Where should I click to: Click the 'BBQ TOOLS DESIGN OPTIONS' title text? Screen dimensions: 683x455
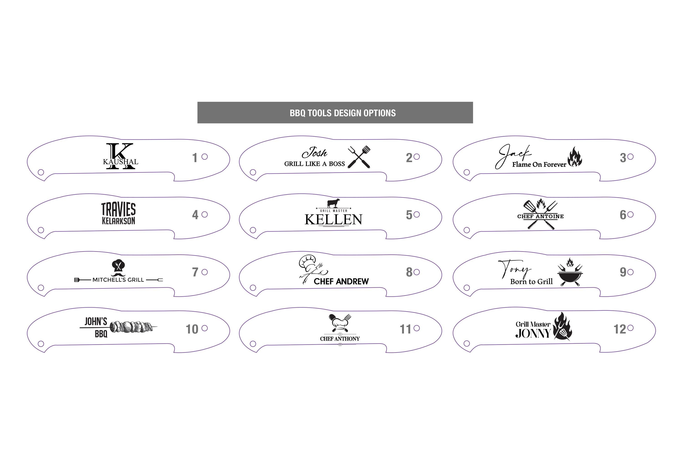click(343, 113)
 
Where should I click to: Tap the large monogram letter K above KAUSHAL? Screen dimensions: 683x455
click(120, 156)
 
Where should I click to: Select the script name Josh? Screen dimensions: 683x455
click(314, 152)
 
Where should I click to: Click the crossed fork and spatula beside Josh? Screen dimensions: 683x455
click(359, 157)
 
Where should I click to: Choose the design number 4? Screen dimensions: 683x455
click(195, 215)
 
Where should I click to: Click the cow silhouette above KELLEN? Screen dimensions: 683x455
click(333, 203)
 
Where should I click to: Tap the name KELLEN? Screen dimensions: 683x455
click(333, 219)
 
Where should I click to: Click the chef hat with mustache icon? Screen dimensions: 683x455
click(118, 268)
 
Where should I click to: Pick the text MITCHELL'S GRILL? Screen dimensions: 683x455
click(118, 280)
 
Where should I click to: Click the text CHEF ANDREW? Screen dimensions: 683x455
click(341, 281)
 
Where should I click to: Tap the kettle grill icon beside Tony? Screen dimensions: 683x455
click(570, 272)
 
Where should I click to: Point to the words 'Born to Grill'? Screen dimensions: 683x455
click(531, 281)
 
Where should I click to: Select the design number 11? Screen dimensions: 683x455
click(405, 329)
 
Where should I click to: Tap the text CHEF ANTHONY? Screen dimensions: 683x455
click(340, 339)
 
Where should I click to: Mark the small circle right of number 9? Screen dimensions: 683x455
click(630, 272)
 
